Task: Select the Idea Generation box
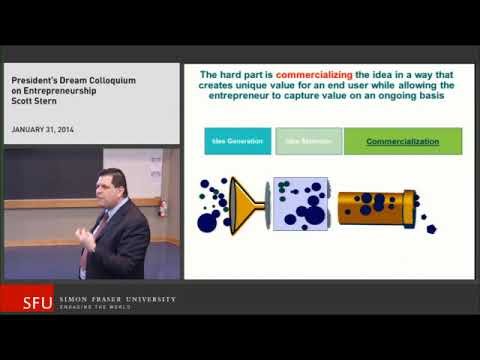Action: click(238, 141)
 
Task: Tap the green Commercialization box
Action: click(403, 141)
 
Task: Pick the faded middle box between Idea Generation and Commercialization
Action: click(308, 141)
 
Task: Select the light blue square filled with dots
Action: click(299, 204)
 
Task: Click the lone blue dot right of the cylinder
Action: click(432, 228)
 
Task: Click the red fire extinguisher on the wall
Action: click(163, 207)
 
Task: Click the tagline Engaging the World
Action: click(99, 307)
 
